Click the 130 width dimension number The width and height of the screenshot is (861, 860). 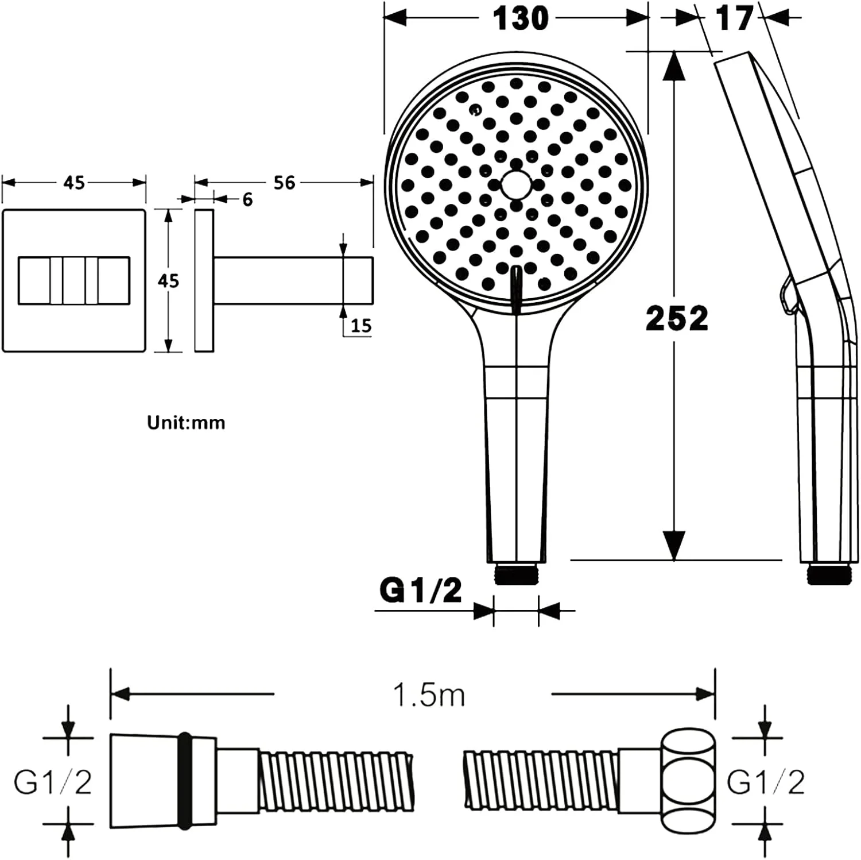[x=520, y=18]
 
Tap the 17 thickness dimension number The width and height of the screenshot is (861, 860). [x=734, y=18]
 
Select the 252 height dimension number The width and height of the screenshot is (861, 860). [x=677, y=318]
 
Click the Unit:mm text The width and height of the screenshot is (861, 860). [x=186, y=423]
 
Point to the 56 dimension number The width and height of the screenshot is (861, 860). [x=284, y=183]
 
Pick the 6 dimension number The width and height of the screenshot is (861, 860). [x=247, y=200]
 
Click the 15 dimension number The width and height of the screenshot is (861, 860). [x=361, y=326]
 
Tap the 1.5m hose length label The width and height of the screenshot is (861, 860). [x=428, y=695]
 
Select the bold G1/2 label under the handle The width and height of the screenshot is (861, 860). [x=421, y=590]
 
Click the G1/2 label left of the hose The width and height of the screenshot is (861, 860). [x=53, y=782]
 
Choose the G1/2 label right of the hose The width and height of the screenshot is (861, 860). [x=766, y=782]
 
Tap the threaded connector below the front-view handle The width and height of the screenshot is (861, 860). [x=517, y=574]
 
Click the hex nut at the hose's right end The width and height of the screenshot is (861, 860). [x=689, y=782]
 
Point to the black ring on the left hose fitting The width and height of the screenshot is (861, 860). [x=184, y=782]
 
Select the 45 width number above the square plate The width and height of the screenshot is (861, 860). [x=74, y=183]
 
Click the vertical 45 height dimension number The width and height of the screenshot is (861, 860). [x=168, y=281]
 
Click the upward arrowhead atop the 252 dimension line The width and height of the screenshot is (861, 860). [x=674, y=63]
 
